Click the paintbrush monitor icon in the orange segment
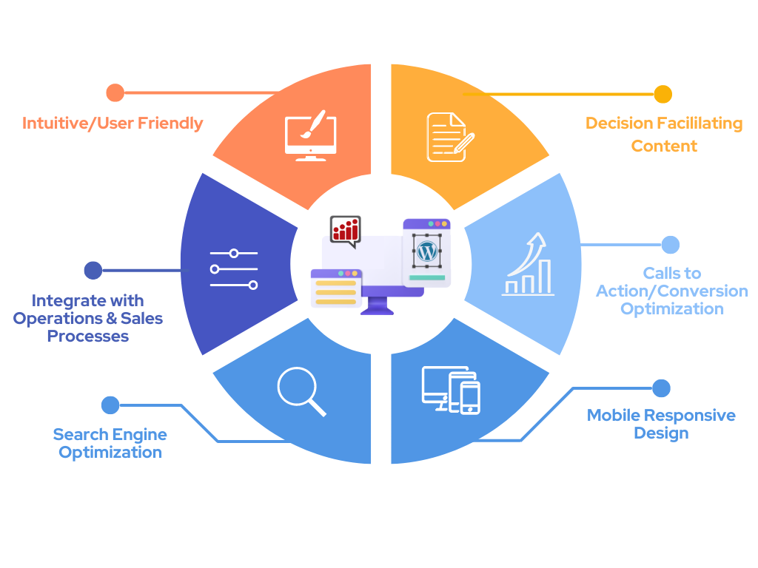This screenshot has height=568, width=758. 310,135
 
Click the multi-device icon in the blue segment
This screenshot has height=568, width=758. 451,390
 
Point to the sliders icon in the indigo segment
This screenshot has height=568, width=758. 233,269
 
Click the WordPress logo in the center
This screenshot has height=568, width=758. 426,251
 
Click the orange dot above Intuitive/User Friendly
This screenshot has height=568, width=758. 115,92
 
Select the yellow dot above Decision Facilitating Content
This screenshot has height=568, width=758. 663,94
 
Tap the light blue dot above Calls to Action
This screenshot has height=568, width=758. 670,245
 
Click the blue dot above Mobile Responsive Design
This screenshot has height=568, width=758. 661,388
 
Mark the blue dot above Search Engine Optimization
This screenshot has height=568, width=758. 110,405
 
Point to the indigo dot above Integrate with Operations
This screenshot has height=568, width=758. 93,271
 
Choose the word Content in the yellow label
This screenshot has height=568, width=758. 664,146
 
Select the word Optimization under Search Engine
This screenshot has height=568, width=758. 110,452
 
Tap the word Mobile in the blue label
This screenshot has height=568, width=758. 613,415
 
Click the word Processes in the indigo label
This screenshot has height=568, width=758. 88,336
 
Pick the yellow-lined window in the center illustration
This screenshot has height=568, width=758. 336,289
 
